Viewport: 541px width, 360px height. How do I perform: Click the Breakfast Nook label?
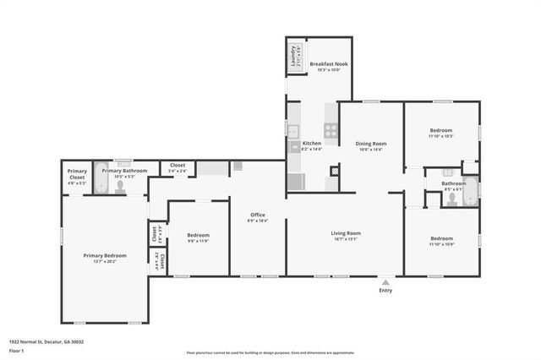[329, 63]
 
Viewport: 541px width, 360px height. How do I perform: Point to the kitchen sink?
[293, 131]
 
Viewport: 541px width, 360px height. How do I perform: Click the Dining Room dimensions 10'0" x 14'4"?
[371, 150]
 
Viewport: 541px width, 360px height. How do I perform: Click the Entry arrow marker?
[385, 282]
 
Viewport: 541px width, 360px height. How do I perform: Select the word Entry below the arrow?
[385, 291]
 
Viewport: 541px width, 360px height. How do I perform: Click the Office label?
[257, 215]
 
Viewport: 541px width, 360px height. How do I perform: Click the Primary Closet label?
[78, 174]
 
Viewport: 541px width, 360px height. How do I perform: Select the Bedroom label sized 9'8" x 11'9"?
[198, 235]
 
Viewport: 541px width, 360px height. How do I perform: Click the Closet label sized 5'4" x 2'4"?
[178, 165]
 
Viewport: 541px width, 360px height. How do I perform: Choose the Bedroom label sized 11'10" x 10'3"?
[441, 130]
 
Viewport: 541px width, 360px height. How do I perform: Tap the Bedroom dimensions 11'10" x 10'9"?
[441, 244]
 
